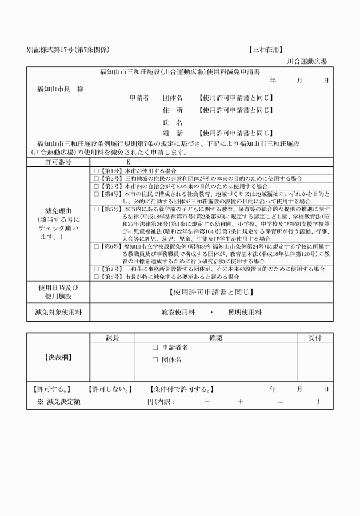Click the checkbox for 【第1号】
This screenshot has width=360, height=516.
96,171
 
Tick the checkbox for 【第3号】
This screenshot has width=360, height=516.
96,186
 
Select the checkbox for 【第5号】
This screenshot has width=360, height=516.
96,209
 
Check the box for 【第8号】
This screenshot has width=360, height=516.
96,277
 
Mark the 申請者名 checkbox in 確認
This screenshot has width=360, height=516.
155,347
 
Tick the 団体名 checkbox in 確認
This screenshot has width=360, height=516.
155,360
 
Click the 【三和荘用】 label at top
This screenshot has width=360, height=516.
266,50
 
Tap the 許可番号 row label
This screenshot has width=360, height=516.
58,162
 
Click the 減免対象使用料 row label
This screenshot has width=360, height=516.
58,312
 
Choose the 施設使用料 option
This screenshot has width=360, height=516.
179,312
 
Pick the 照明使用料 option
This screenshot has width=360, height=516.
245,312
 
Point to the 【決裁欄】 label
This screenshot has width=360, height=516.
58,358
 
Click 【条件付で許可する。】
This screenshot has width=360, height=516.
182,390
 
